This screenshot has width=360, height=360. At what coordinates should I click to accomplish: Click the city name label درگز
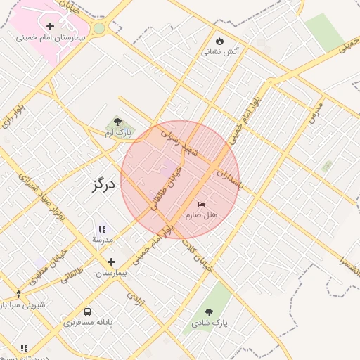tap(103, 186)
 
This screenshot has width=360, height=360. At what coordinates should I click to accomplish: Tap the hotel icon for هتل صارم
tap(202, 204)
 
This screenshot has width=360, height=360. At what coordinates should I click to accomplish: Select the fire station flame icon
tap(220, 40)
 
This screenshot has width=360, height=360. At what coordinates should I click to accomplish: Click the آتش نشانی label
tap(220, 51)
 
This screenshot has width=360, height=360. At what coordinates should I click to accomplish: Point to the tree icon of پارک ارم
tap(117, 122)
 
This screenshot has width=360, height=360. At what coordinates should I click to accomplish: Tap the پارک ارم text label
tap(117, 132)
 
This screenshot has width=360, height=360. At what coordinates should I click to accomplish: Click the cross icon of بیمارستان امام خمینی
tap(50, 26)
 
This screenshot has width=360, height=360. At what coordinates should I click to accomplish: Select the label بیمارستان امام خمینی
tap(50, 37)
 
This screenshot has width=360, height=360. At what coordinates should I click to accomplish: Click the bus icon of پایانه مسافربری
tap(88, 311)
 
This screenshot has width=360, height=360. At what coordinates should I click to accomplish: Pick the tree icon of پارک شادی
tap(209, 311)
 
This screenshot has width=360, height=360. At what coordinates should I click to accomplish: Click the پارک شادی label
tap(209, 323)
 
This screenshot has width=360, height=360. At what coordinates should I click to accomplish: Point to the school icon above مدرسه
tap(102, 229)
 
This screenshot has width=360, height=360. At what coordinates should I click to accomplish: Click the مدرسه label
tap(102, 240)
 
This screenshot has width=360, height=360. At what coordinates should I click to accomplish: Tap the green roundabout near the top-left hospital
tap(99, 28)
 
